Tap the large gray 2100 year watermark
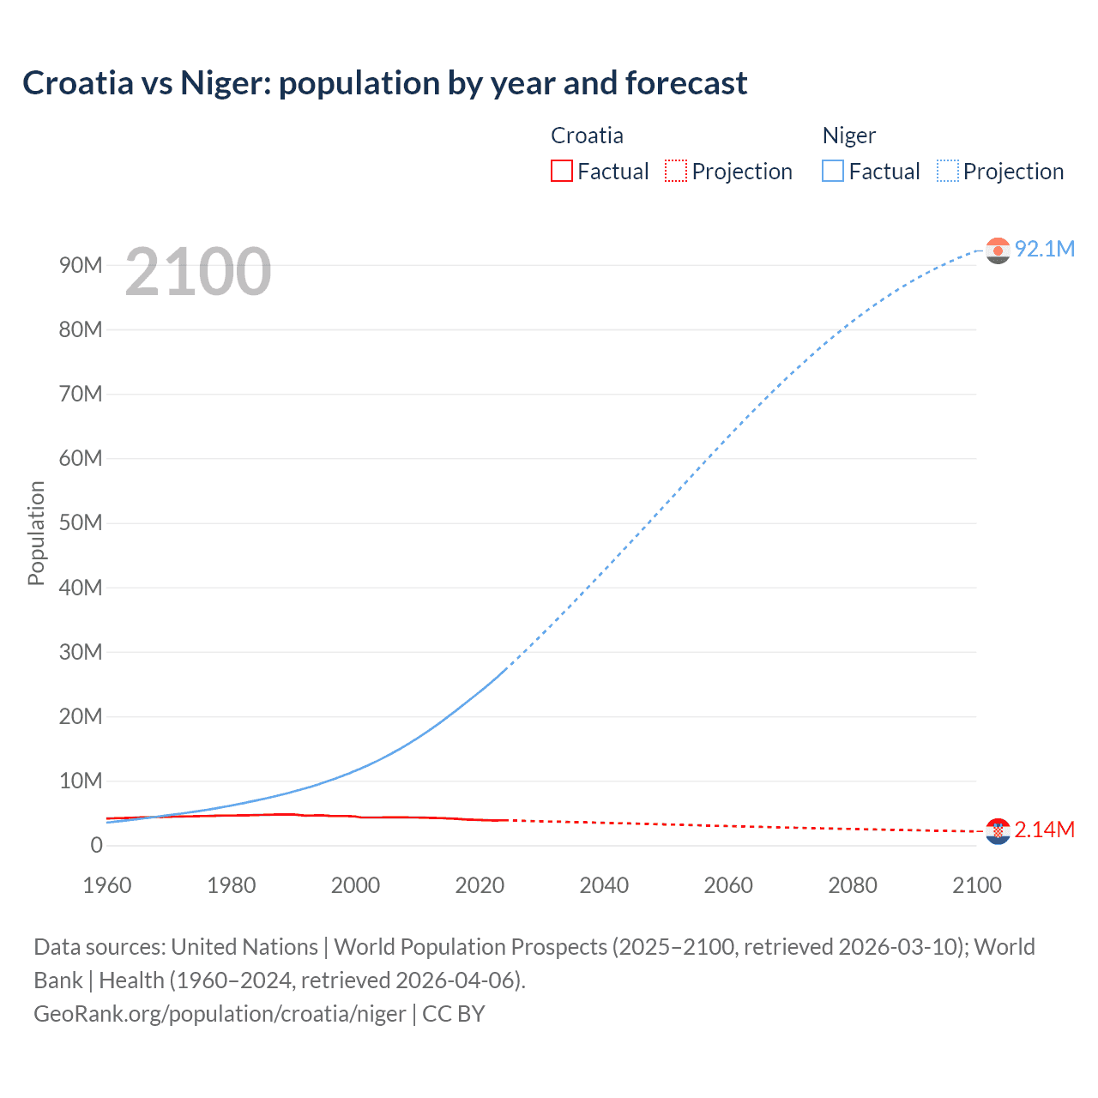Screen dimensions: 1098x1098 [198, 272]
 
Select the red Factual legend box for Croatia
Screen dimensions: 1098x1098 [561, 171]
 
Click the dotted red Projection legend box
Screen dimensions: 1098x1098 [676, 171]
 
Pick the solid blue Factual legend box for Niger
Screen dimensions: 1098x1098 [832, 171]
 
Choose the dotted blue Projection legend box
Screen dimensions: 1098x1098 [948, 171]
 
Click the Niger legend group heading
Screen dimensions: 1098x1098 [848, 136]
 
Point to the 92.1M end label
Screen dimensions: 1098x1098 [1044, 249]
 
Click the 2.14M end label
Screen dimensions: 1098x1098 [1044, 830]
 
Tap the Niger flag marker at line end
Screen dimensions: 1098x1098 [998, 250]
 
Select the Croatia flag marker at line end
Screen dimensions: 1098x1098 [998, 831]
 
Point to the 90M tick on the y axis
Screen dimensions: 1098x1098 [81, 265]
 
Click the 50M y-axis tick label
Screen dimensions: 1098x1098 [81, 523]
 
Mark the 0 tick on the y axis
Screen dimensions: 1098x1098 [96, 846]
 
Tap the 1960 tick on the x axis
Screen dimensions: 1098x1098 [107, 885]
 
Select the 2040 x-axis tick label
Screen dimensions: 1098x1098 [604, 885]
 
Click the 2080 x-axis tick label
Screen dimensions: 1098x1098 [853, 885]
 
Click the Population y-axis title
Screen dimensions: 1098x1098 [36, 533]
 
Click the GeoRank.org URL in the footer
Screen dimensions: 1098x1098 [220, 1014]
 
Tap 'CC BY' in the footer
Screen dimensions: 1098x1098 [454, 1014]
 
